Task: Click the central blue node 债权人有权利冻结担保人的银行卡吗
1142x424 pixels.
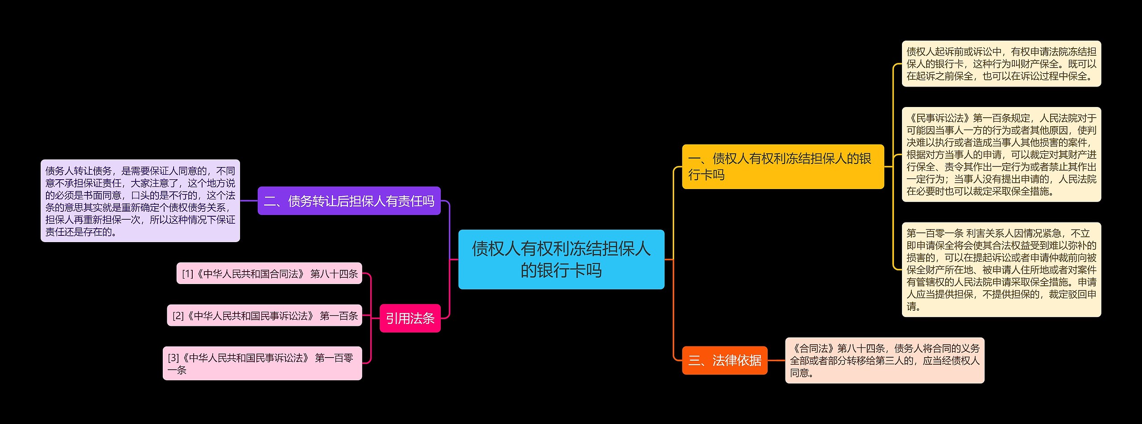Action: (x=561, y=259)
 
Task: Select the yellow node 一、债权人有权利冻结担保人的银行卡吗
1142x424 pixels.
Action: (x=782, y=166)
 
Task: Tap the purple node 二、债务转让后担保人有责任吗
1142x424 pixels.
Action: (x=349, y=201)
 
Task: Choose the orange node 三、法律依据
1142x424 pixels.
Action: (x=724, y=360)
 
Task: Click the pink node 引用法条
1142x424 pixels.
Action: (x=410, y=318)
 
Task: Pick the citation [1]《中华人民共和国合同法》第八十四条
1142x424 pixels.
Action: (x=269, y=273)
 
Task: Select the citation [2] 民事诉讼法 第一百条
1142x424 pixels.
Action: (x=265, y=316)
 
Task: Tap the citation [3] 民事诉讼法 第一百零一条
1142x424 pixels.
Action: (x=262, y=363)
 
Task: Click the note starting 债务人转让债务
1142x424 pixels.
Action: (x=140, y=201)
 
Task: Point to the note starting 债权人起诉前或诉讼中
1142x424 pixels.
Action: (x=1001, y=64)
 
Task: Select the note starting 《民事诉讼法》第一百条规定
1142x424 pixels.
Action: (x=1001, y=154)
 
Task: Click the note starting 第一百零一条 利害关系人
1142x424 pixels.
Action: (x=1001, y=269)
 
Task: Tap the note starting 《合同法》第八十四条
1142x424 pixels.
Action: (x=884, y=360)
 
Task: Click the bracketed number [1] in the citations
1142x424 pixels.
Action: (x=187, y=274)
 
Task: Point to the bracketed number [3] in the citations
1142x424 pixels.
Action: (x=173, y=358)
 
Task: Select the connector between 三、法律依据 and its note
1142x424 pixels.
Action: (x=776, y=360)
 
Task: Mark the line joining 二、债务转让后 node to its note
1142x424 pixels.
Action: (x=249, y=201)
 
